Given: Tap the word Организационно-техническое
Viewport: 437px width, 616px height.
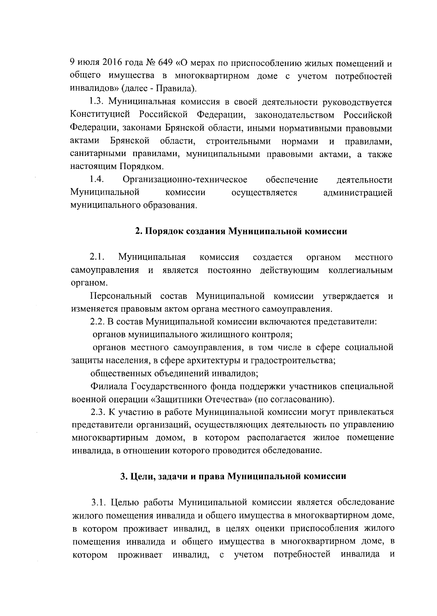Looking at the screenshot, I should point(185,180).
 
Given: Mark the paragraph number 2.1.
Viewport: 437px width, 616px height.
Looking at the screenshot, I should point(97,257).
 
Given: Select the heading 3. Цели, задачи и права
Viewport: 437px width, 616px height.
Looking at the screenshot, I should point(233,476).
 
